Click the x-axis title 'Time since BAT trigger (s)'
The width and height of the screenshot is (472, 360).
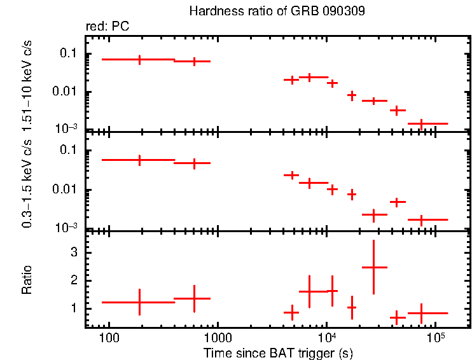point(278,352)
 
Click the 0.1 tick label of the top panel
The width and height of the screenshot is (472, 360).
point(68,53)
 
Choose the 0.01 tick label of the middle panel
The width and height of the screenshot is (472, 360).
point(66,190)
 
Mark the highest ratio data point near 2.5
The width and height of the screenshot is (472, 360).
point(374,267)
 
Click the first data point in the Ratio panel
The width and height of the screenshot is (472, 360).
point(140,302)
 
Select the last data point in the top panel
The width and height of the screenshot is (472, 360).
point(421,123)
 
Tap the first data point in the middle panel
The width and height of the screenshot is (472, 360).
point(140,160)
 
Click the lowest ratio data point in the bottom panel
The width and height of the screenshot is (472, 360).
point(398,317)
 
